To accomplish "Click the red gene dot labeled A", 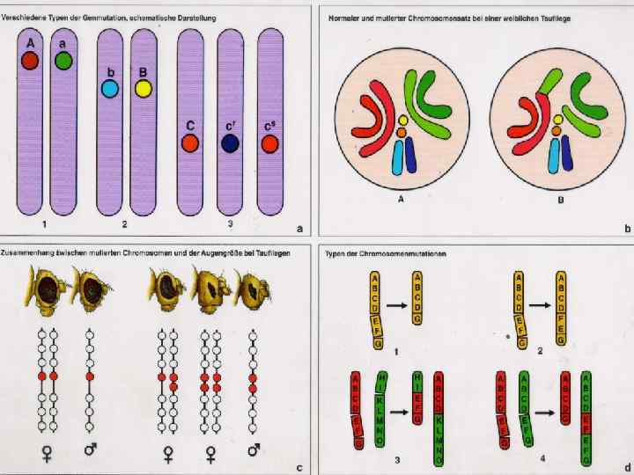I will click(x=30, y=60).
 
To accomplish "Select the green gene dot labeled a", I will click(x=63, y=60).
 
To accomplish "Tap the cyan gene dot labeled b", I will click(x=110, y=89).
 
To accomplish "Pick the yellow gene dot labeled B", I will click(x=144, y=89).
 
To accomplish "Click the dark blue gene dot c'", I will click(x=230, y=143).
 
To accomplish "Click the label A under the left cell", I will click(x=402, y=199).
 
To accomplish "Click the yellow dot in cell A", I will click(x=402, y=120).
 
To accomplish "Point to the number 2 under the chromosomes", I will click(x=124, y=225).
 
